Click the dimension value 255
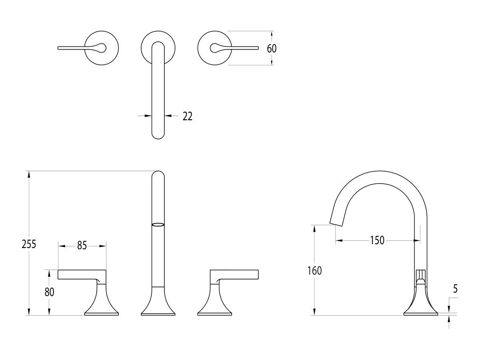(29, 244)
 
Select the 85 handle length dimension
(82, 246)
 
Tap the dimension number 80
(49, 292)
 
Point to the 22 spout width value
(188, 116)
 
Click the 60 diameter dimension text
(272, 48)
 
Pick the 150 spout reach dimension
(377, 240)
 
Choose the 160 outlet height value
(314, 271)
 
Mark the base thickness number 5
(455, 289)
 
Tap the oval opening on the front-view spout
(158, 225)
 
